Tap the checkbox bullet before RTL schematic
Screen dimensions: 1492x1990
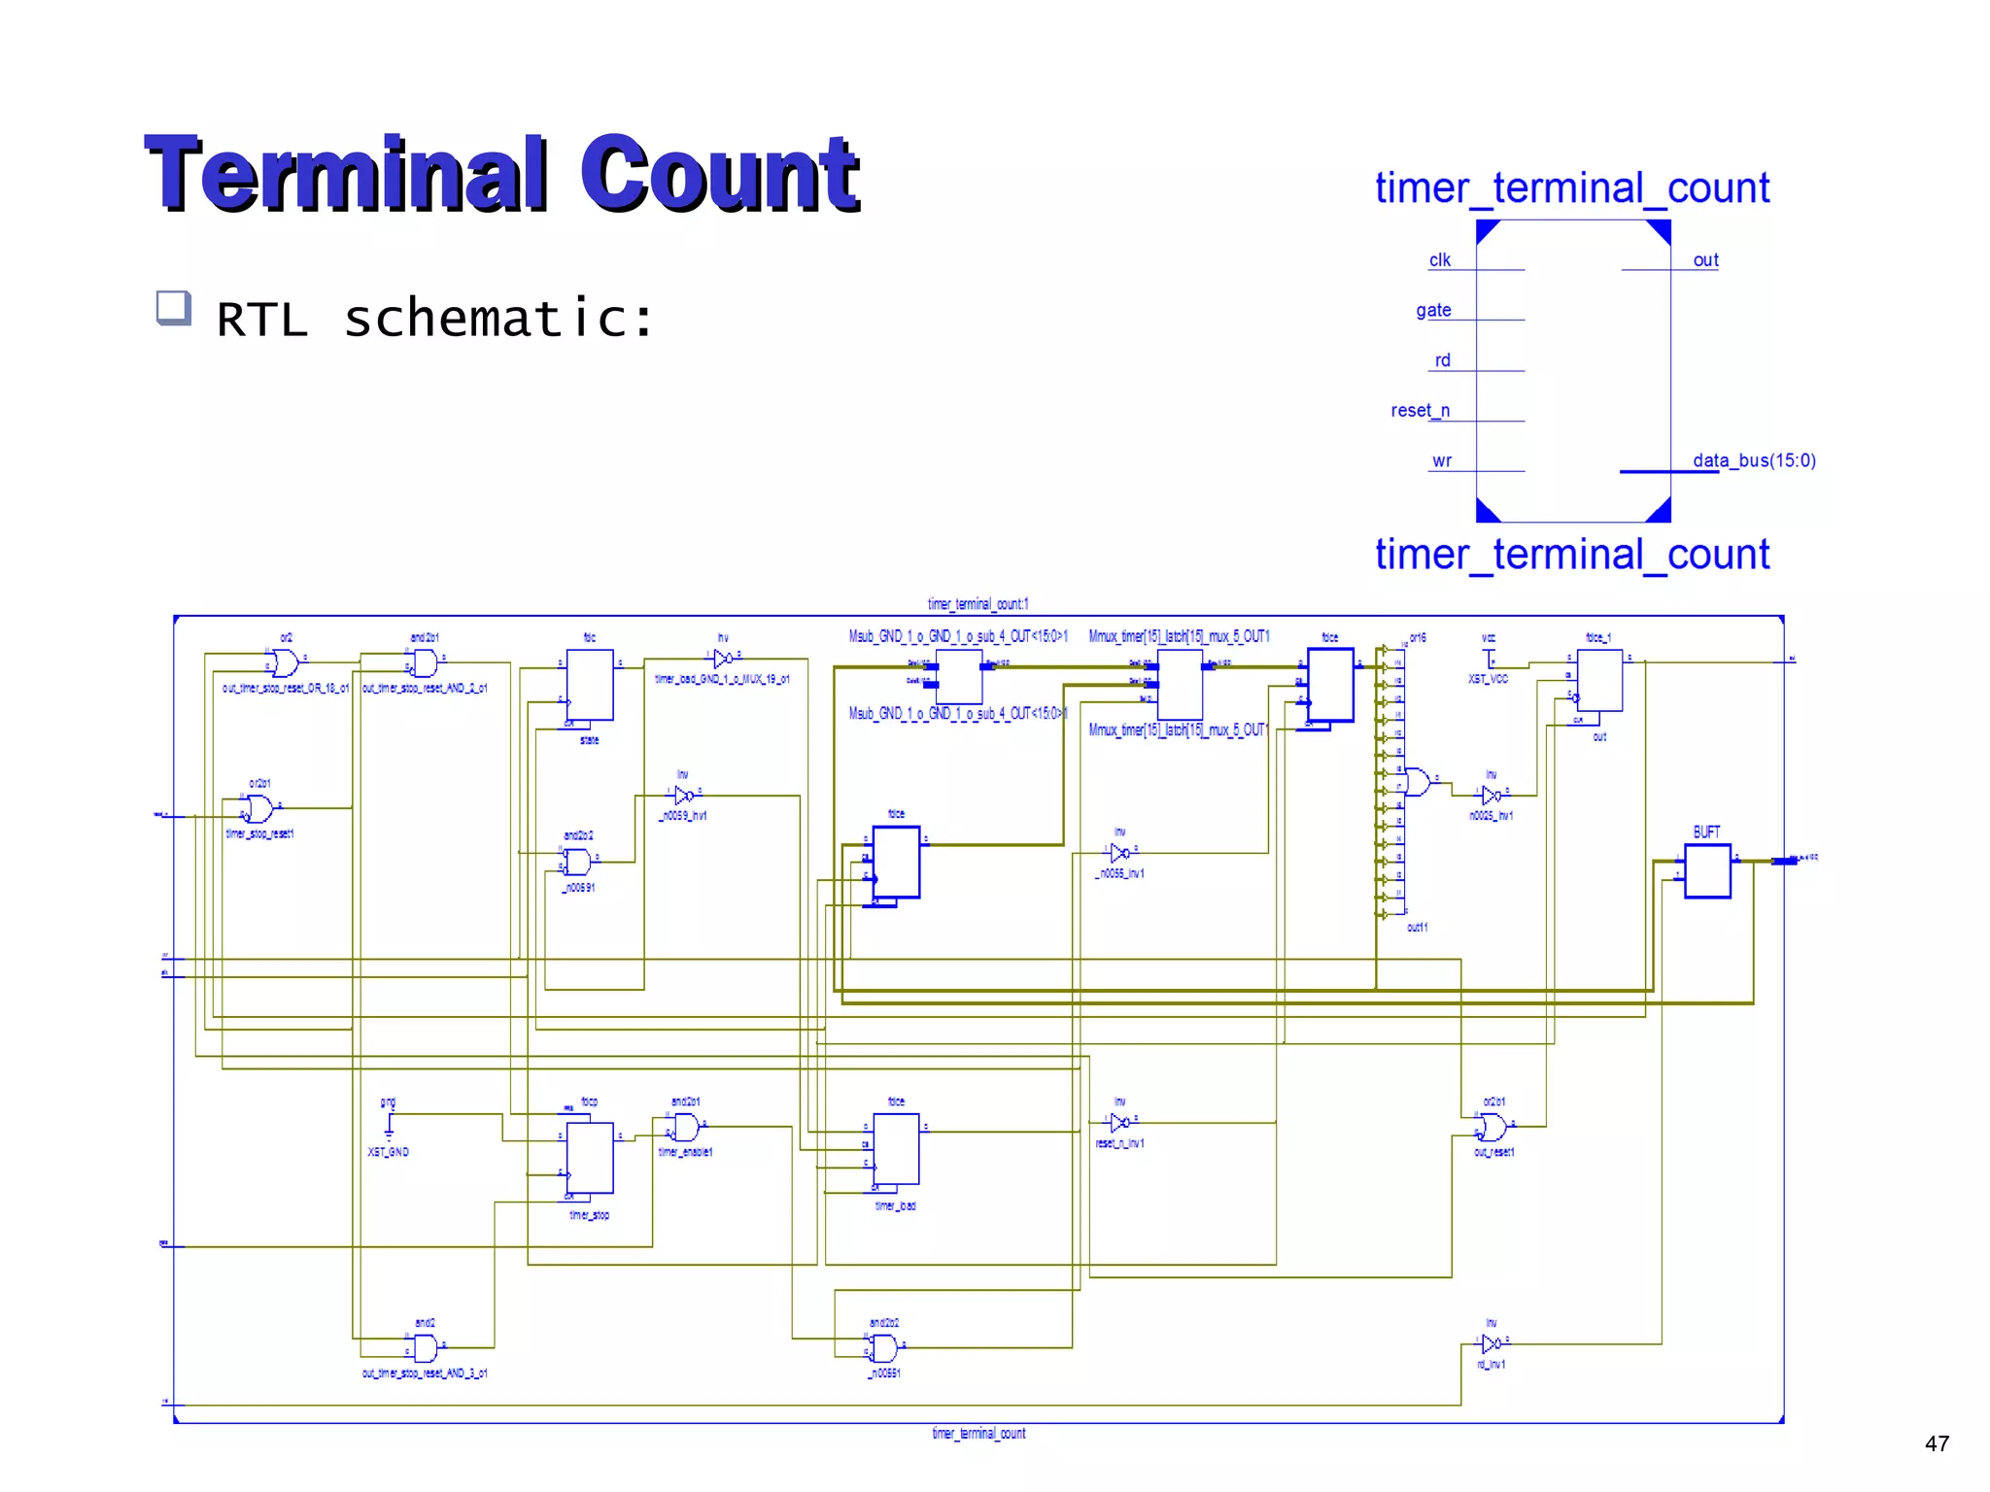click(x=173, y=308)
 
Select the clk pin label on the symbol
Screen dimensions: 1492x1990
click(x=1439, y=260)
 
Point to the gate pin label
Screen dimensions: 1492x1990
click(x=1433, y=311)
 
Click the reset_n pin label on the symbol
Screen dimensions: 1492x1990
click(x=1420, y=411)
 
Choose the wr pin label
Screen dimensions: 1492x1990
click(x=1442, y=461)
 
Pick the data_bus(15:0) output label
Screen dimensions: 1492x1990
click(x=1754, y=460)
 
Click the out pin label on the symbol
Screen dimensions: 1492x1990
click(x=1705, y=260)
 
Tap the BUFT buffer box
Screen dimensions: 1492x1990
click(x=1707, y=871)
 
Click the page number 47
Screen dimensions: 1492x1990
click(x=1937, y=1443)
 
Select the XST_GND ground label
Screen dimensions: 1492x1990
click(x=388, y=1152)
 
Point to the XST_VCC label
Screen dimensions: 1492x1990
click(x=1488, y=679)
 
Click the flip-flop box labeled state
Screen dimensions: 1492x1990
click(x=590, y=685)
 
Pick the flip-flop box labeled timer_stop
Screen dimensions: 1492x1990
click(x=590, y=1157)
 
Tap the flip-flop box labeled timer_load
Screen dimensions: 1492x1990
click(x=896, y=1149)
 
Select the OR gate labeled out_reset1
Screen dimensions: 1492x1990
click(x=1492, y=1127)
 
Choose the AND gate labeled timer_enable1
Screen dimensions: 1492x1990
click(x=686, y=1127)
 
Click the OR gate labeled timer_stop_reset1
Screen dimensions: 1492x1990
click(x=259, y=808)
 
